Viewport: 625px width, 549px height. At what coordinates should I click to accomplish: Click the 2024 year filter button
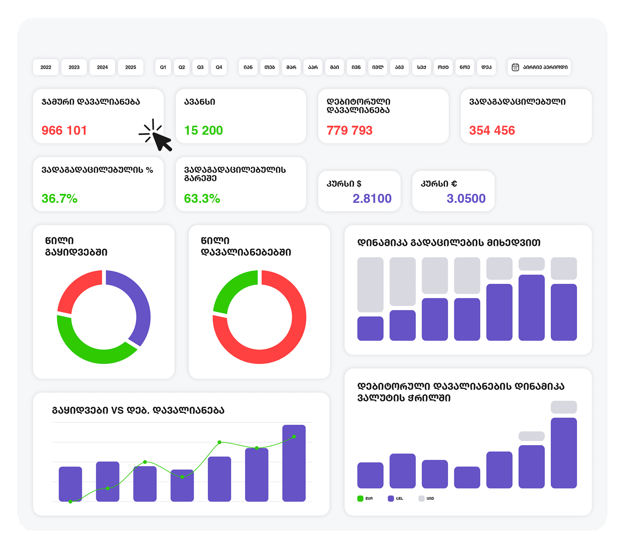click(x=102, y=67)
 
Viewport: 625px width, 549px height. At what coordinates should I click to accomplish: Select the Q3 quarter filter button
click(x=200, y=67)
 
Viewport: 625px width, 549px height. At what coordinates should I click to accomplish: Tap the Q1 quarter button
click(x=163, y=67)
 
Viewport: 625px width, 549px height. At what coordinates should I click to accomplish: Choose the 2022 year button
click(x=46, y=67)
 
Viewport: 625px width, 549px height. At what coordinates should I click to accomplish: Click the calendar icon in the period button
click(x=515, y=67)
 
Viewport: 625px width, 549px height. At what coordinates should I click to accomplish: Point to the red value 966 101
click(x=64, y=130)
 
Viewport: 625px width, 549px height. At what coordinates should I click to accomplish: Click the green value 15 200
click(x=203, y=130)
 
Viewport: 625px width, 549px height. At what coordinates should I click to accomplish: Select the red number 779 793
click(x=350, y=130)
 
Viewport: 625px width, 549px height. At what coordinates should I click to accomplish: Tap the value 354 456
click(x=492, y=130)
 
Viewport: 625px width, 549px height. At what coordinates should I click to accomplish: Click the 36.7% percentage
click(x=60, y=198)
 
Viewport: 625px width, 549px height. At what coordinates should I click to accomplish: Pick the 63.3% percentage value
click(x=202, y=198)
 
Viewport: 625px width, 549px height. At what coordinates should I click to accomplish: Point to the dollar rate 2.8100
click(x=372, y=198)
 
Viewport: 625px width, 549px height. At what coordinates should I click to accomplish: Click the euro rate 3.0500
click(x=466, y=198)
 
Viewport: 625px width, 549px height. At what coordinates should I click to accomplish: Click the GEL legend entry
click(x=395, y=499)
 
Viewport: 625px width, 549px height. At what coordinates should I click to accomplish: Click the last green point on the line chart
click(x=294, y=436)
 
